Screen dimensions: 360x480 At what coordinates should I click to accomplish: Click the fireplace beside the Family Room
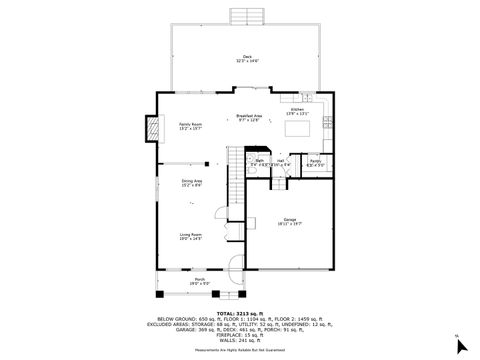tap(153, 128)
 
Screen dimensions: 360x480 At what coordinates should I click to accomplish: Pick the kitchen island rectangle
tap(302, 128)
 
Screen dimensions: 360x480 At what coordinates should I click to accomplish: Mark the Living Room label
tap(190, 236)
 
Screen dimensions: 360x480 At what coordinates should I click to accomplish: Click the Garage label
tap(290, 221)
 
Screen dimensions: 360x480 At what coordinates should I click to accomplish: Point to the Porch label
tap(200, 281)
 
